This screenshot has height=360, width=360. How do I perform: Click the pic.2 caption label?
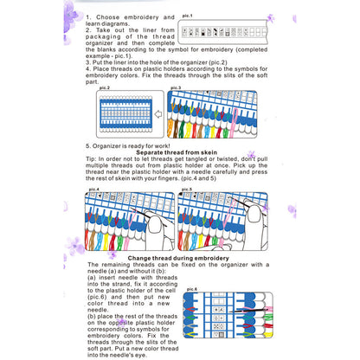(x=104, y=87)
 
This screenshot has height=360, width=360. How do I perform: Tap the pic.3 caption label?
(x=176, y=87)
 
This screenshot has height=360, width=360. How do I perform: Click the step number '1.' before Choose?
(x=89, y=16)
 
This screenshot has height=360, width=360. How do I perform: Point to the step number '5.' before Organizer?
(x=88, y=145)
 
